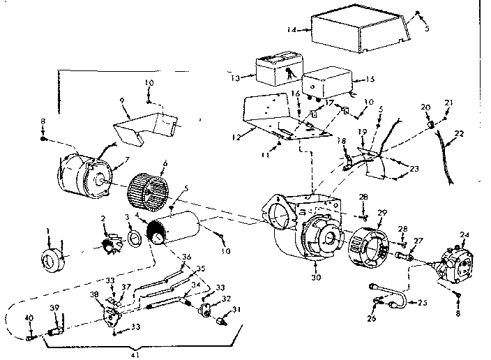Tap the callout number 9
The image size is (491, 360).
(x=122, y=100)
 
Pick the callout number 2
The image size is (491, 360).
(x=103, y=219)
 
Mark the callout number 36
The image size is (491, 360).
(x=186, y=257)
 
